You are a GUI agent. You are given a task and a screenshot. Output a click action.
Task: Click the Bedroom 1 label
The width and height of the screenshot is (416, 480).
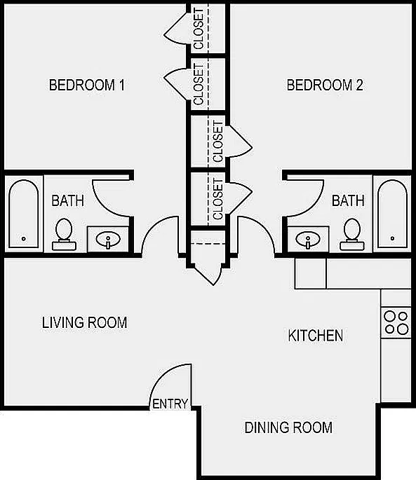pos(87,85)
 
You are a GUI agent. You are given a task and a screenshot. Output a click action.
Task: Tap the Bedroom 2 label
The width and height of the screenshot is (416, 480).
pos(325,85)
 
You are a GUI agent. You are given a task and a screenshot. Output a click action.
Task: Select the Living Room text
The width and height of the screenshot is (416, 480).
pos(85,322)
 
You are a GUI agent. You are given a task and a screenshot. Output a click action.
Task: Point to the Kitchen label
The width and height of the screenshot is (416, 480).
pos(316,336)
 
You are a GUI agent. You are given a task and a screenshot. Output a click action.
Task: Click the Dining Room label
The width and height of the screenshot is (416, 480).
pos(288,427)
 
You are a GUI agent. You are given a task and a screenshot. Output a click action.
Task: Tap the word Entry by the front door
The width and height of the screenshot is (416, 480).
pos(170,404)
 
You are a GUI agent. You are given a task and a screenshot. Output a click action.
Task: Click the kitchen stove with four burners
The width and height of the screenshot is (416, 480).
pos(396,322)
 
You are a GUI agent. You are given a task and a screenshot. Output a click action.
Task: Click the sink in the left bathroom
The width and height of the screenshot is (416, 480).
pos(108,240)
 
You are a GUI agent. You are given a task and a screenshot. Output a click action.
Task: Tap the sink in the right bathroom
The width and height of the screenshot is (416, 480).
pos(308,240)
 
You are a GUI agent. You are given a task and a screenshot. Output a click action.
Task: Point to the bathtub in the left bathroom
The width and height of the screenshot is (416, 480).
pos(24,214)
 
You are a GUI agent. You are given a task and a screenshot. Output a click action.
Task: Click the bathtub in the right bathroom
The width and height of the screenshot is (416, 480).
pos(393,214)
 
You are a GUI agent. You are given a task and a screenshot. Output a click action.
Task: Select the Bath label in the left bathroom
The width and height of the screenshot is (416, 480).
pos(68,201)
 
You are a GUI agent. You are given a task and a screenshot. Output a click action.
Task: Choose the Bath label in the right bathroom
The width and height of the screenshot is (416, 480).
pos(348,201)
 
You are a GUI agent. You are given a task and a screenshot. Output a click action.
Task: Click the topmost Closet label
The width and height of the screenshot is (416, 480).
pos(199,29)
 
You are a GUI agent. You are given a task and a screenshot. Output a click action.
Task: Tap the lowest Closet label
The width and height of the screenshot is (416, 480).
pos(217,199)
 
